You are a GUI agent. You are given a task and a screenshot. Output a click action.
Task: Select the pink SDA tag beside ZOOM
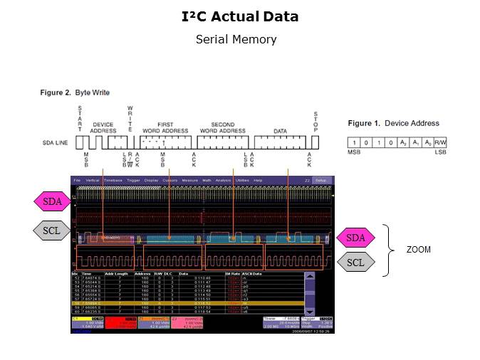[x=355, y=237]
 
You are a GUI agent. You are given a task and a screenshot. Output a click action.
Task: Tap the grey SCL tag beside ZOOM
[x=355, y=263]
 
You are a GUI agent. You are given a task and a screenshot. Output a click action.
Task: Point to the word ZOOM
[x=419, y=250]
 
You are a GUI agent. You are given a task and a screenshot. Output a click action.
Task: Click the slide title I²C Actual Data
[x=239, y=16]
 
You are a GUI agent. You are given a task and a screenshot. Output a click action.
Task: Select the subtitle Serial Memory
[x=236, y=39]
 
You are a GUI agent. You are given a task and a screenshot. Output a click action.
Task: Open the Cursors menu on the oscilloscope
[x=170, y=180]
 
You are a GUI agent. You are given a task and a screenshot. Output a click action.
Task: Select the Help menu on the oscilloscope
[x=258, y=180]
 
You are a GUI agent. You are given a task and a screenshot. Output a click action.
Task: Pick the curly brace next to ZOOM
[x=388, y=250]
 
